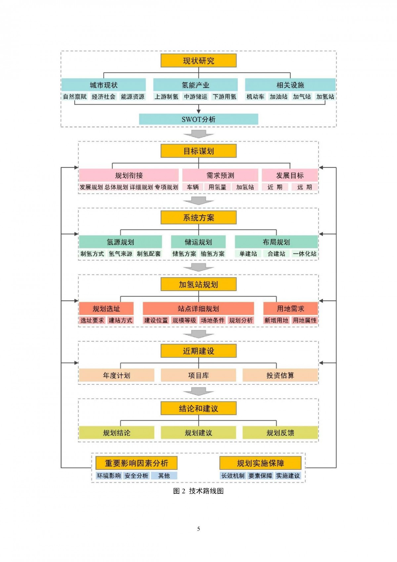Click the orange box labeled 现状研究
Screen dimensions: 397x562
(x=198, y=60)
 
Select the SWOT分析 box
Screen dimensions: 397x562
(x=198, y=119)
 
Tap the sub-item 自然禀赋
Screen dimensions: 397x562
(x=75, y=97)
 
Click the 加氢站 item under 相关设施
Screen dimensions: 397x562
(x=325, y=97)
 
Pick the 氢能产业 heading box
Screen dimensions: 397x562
(x=196, y=85)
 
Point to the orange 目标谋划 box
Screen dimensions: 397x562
(x=198, y=151)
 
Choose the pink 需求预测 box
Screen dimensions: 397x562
(x=220, y=175)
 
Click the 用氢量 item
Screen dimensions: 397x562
(x=217, y=187)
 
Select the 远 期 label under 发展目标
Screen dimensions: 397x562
(x=305, y=187)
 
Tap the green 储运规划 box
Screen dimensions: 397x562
(x=198, y=242)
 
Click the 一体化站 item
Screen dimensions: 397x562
(x=305, y=253)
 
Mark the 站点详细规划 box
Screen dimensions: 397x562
(x=198, y=309)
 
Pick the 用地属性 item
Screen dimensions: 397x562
(x=305, y=320)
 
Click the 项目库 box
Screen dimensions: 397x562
(x=198, y=375)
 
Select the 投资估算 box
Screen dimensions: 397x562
(x=280, y=375)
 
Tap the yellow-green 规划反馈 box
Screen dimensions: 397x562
(x=280, y=432)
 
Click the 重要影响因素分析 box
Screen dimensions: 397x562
(x=136, y=463)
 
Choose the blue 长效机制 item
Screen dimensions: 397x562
(x=233, y=476)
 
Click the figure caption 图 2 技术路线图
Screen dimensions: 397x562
(x=198, y=491)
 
